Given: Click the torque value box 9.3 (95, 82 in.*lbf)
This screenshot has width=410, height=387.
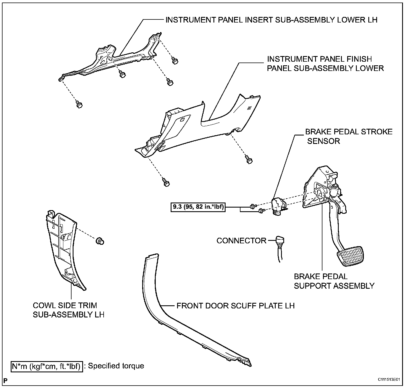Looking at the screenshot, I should [x=198, y=208].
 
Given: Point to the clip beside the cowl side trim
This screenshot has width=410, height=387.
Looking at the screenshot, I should [x=99, y=241].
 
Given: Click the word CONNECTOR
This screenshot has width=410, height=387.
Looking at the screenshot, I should [x=241, y=241].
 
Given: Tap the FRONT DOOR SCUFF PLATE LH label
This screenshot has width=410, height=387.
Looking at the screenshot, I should [x=235, y=306].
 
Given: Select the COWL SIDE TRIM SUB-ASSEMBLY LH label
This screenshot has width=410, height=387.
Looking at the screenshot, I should [x=69, y=310].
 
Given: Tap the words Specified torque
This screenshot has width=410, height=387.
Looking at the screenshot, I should [x=116, y=366].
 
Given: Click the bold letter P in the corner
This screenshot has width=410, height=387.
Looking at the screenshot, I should [x=5, y=381].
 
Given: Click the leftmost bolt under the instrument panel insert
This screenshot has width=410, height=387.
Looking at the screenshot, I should [x=79, y=105].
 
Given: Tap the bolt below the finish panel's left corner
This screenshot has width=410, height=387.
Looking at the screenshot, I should [x=166, y=182].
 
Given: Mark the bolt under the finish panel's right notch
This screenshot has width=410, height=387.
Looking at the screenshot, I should [x=249, y=160].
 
